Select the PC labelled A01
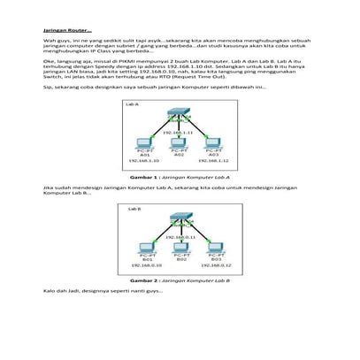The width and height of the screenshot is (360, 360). click(x=144, y=144)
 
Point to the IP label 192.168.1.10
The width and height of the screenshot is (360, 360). click(x=144, y=161)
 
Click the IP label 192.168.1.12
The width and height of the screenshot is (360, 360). click(x=214, y=161)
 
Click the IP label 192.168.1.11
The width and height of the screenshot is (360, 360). click(x=180, y=133)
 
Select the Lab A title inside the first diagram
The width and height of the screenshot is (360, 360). click(x=135, y=104)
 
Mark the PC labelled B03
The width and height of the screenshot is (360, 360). click(x=214, y=247)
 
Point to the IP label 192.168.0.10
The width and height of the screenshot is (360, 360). click(x=146, y=264)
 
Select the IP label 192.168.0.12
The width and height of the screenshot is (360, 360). click(x=215, y=264)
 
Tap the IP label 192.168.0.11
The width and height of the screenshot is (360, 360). click(x=180, y=236)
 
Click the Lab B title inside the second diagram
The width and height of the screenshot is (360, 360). click(x=135, y=209)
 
